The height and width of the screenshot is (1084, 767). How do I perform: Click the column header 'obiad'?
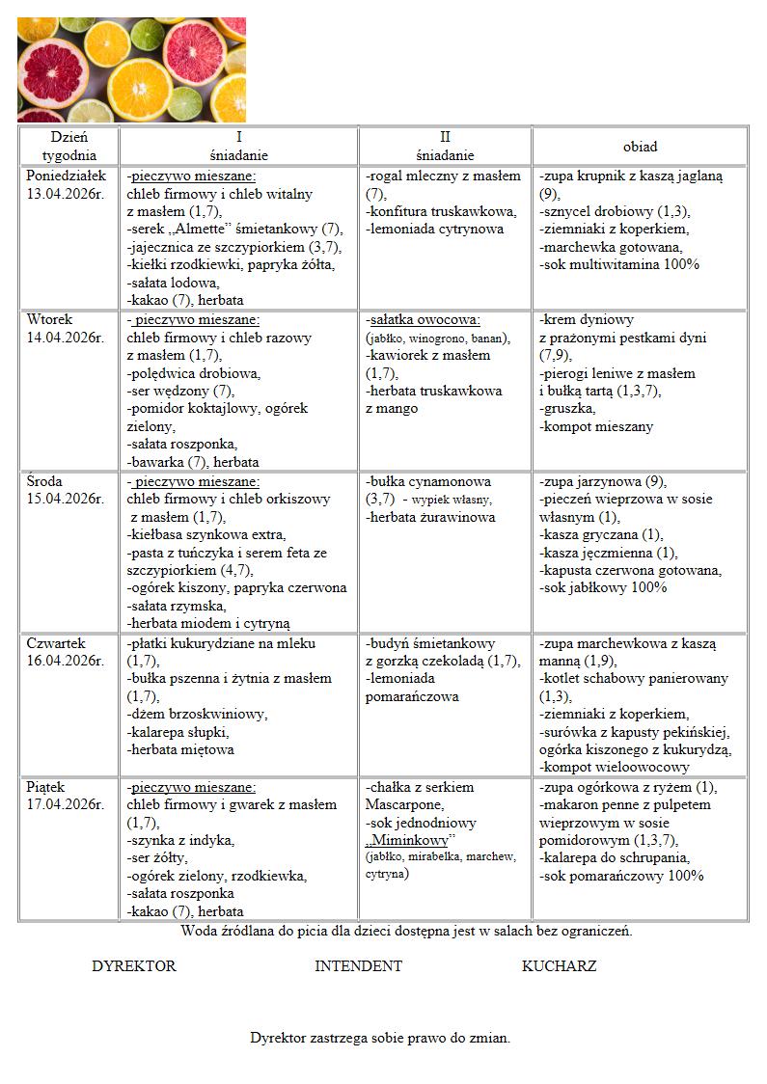click(640, 147)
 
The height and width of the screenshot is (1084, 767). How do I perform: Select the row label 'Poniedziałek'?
click(66, 176)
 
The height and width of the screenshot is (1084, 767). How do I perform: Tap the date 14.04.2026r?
click(65, 338)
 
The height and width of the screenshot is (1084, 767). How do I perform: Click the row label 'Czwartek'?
click(56, 643)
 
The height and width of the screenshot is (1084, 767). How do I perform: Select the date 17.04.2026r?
click(65, 804)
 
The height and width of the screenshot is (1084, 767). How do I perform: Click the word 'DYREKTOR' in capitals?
click(134, 966)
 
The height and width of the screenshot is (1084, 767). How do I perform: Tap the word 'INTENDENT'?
click(358, 966)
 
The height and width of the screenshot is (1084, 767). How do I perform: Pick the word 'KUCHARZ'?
click(559, 966)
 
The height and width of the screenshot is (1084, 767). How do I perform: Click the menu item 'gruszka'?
click(568, 409)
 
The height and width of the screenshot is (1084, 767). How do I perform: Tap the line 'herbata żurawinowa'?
click(431, 517)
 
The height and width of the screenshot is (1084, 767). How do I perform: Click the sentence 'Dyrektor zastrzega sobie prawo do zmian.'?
click(380, 1039)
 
